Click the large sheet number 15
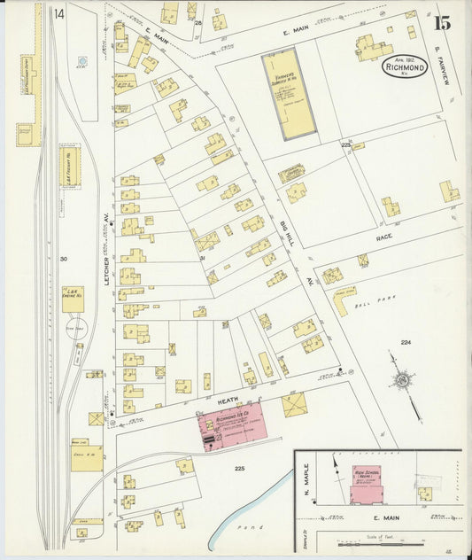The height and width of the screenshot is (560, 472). [441, 23]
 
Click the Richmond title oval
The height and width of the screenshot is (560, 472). [406, 66]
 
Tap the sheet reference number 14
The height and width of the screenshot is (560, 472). [58, 14]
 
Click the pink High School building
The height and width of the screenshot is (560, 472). [366, 483]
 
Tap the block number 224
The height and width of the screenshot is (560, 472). [406, 342]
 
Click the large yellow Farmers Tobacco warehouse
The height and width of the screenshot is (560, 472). [287, 93]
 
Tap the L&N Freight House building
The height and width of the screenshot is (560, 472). [69, 166]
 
